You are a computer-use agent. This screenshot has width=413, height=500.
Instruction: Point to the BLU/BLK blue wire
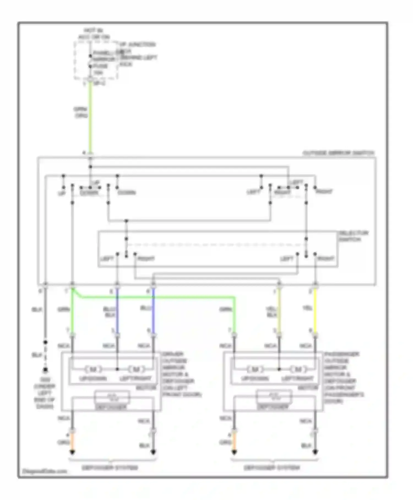tap(117, 310)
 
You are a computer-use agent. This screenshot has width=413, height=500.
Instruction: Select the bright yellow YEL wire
tap(315, 310)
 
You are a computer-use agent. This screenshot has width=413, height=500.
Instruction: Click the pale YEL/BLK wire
tap(279, 310)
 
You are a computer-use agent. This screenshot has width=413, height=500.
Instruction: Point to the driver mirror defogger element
tap(112, 397)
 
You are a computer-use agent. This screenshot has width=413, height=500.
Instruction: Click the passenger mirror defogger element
tap(274, 397)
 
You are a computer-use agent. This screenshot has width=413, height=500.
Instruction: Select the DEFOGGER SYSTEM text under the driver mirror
tap(110, 468)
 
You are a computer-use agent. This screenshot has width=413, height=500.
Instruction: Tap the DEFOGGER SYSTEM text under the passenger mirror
tap(272, 468)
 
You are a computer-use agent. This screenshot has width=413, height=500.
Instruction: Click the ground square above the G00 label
tap(45, 370)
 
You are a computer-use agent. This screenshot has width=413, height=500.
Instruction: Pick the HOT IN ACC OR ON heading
tap(94, 34)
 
